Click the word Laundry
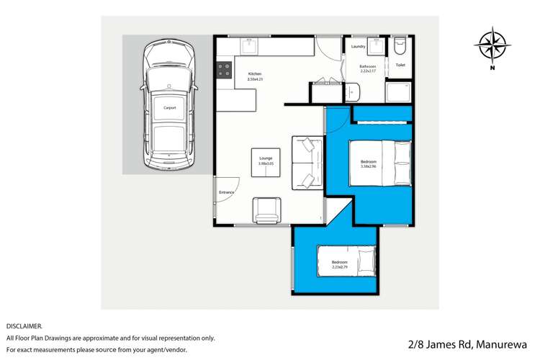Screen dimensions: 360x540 359,48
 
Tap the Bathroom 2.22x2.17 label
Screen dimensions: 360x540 369,68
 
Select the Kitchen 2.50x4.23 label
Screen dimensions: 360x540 256,76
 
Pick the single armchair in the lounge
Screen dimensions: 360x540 267,210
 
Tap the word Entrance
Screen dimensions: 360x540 227,193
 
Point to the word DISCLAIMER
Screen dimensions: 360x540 24,326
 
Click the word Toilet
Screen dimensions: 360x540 400,66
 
